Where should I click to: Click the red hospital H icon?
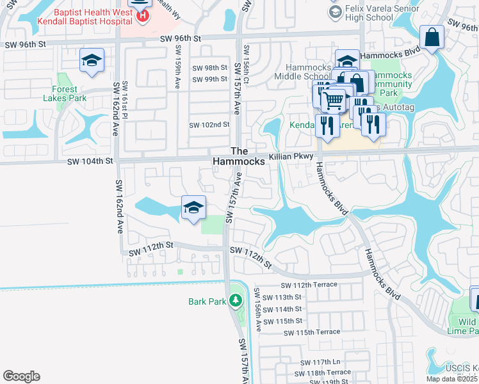point(142,14)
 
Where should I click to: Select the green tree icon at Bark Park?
point(236,300)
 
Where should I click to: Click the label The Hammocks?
point(239,156)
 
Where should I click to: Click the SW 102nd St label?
point(209,125)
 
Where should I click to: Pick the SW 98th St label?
point(209,68)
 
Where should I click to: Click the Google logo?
point(21,376)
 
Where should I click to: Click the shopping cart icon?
point(333,100)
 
